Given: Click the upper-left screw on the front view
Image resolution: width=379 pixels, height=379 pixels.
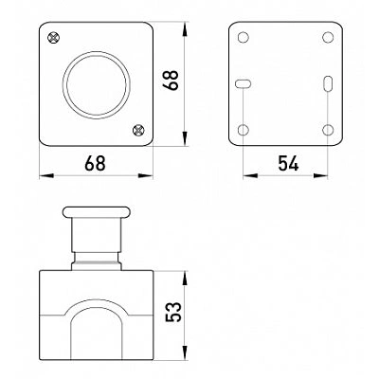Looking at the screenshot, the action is coord(54,38).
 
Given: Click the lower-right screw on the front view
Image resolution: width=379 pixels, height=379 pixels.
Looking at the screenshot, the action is coord(138,130).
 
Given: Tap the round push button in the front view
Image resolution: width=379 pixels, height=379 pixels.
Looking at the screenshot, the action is coord(97,85).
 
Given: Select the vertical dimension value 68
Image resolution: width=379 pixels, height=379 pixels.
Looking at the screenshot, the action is coord(172,81).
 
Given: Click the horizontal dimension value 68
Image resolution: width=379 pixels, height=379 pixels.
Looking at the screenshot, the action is coord(95,163).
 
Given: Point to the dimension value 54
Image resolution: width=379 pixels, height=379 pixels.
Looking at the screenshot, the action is coord(288,163).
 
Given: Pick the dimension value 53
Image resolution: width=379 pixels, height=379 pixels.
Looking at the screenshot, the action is coord(174,312).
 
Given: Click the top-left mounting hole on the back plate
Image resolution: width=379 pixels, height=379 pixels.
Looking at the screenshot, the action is coord(243,37).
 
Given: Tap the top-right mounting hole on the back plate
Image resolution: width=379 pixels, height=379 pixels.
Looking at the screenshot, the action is coord(328,37).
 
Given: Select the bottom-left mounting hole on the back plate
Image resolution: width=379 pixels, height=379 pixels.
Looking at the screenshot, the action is coord(243,130).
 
